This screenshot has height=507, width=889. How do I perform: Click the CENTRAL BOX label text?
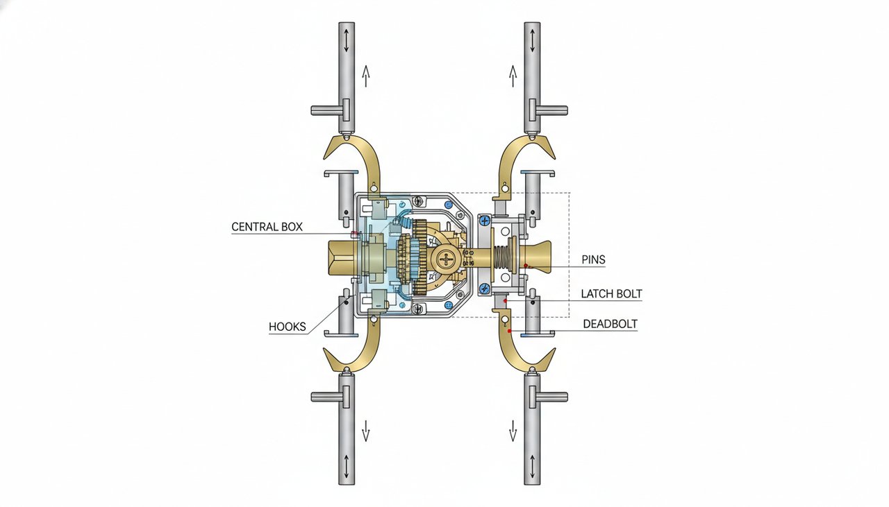click(267, 227)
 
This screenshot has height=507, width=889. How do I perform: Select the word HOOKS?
click(287, 327)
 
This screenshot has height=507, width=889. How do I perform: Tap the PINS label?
click(593, 260)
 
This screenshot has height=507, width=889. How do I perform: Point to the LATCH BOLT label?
click(611, 294)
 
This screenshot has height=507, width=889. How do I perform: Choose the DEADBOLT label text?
click(610, 324)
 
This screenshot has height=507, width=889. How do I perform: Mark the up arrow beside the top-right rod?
click(513, 75)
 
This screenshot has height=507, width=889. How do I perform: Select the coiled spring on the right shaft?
click(501, 258)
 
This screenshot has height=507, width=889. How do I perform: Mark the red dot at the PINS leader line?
click(526, 265)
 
